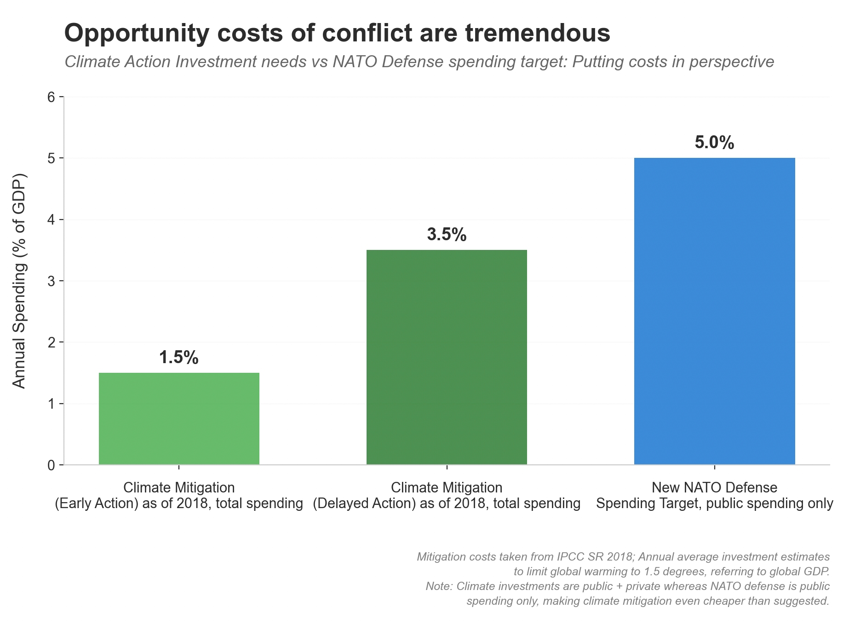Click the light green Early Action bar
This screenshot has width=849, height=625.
pos(179,418)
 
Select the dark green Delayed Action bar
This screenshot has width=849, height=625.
pos(447,357)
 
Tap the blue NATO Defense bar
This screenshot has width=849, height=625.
pos(714,311)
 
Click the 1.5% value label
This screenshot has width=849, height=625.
pos(179,358)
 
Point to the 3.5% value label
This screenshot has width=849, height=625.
pos(447,235)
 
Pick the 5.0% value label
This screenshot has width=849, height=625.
pos(714,143)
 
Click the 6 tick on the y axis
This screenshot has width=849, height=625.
pos(51,97)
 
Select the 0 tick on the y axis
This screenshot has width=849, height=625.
pos(51,465)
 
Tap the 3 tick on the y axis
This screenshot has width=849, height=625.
pos(51,281)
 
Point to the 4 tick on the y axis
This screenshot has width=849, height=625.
pos(51,220)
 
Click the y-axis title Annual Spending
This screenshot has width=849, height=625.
pos(19,281)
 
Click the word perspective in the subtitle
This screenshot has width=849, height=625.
pos(731,62)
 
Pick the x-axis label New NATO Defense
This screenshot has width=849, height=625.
pos(714,487)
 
